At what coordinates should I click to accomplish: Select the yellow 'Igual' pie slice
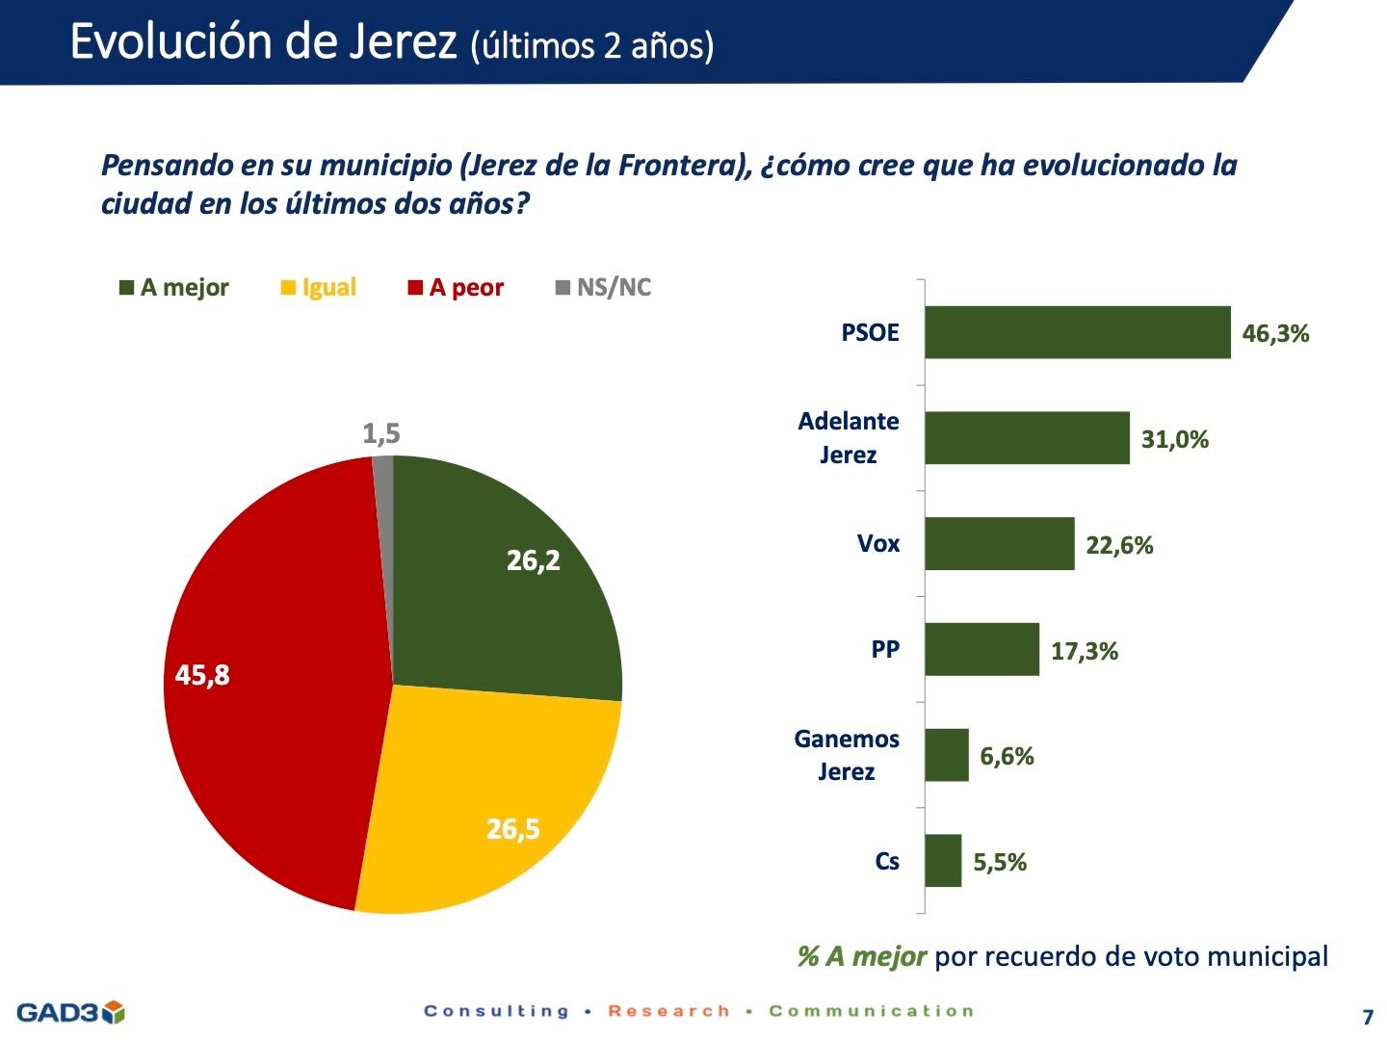pos(482,799)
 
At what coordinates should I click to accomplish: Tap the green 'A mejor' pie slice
pos(501,578)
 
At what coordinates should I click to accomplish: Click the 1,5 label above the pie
pos(380,434)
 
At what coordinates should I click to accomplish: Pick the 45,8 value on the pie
pos(202,675)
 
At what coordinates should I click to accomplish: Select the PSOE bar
pos(1077,332)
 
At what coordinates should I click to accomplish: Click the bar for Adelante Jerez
pos(1027,438)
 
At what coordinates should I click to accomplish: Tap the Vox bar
pos(999,544)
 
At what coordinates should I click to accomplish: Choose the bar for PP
pos(981,649)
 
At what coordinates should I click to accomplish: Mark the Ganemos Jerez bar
pos(946,755)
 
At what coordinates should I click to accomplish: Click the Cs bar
pos(943,861)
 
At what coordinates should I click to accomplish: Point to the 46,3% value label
pos(1275,334)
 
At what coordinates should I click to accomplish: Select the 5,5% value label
pos(1000,863)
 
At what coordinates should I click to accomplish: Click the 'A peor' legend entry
pos(456,288)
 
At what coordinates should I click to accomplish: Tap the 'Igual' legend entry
pos(319,288)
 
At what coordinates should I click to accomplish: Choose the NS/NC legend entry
pos(604,288)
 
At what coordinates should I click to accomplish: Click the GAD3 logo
pos(70,1012)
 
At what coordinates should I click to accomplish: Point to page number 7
pos(1368,1017)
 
